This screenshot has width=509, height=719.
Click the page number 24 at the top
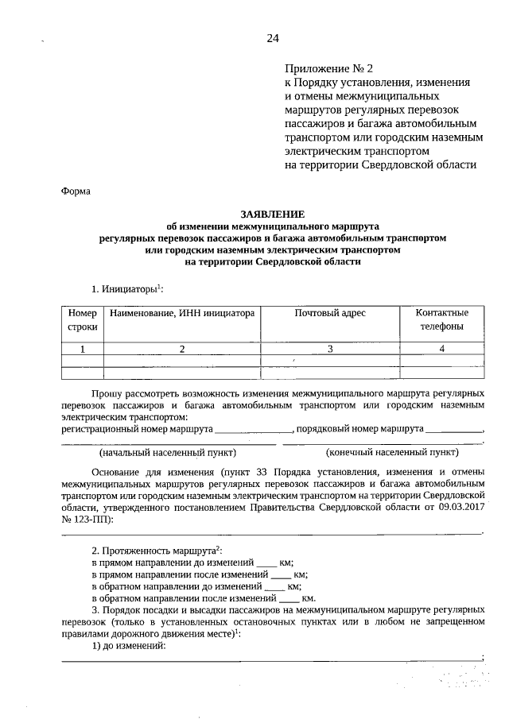(x=273, y=38)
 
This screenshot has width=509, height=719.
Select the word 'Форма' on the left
(x=76, y=191)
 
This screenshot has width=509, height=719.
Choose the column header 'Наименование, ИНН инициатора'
(x=182, y=313)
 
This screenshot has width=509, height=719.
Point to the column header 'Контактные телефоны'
(x=441, y=319)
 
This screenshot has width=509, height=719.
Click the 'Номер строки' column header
(x=82, y=319)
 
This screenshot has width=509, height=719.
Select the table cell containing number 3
(x=330, y=349)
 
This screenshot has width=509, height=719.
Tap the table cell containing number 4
(x=441, y=349)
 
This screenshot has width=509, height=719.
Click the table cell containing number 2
(x=182, y=349)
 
